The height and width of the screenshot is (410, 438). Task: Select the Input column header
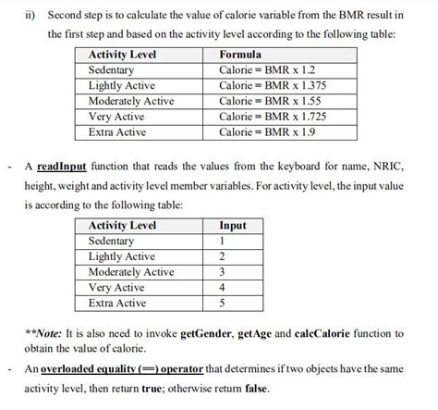[232, 225]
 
